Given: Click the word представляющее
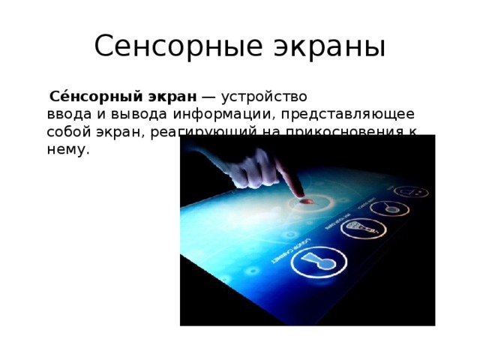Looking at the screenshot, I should point(340,114).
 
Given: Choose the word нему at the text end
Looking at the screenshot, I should point(66,148).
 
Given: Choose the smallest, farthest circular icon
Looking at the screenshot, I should point(412,193).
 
